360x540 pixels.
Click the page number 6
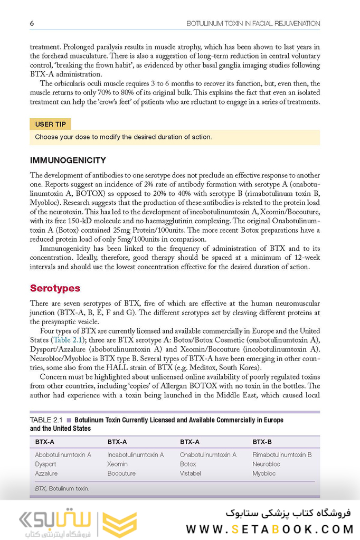coord(32,23)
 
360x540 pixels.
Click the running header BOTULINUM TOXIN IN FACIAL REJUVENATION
coord(253,23)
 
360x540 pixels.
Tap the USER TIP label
coord(51,125)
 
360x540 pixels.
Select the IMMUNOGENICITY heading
coord(68,160)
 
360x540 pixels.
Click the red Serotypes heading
coord(55,288)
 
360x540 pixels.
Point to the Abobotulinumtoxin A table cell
coord(63,454)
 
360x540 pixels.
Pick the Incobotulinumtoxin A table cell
coord(135,454)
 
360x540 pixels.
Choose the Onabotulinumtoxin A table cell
coord(208,454)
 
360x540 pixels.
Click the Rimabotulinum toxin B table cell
coord(282,454)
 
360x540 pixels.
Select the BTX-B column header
coord(262,441)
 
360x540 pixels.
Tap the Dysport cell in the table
coord(45,464)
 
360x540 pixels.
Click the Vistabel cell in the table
coord(190,473)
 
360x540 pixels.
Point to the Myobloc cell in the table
coord(264,473)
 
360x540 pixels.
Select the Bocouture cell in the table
coord(121,473)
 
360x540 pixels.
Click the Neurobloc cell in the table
coord(266,464)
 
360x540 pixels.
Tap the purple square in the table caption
coord(69,420)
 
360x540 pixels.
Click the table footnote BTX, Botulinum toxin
coord(62,489)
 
